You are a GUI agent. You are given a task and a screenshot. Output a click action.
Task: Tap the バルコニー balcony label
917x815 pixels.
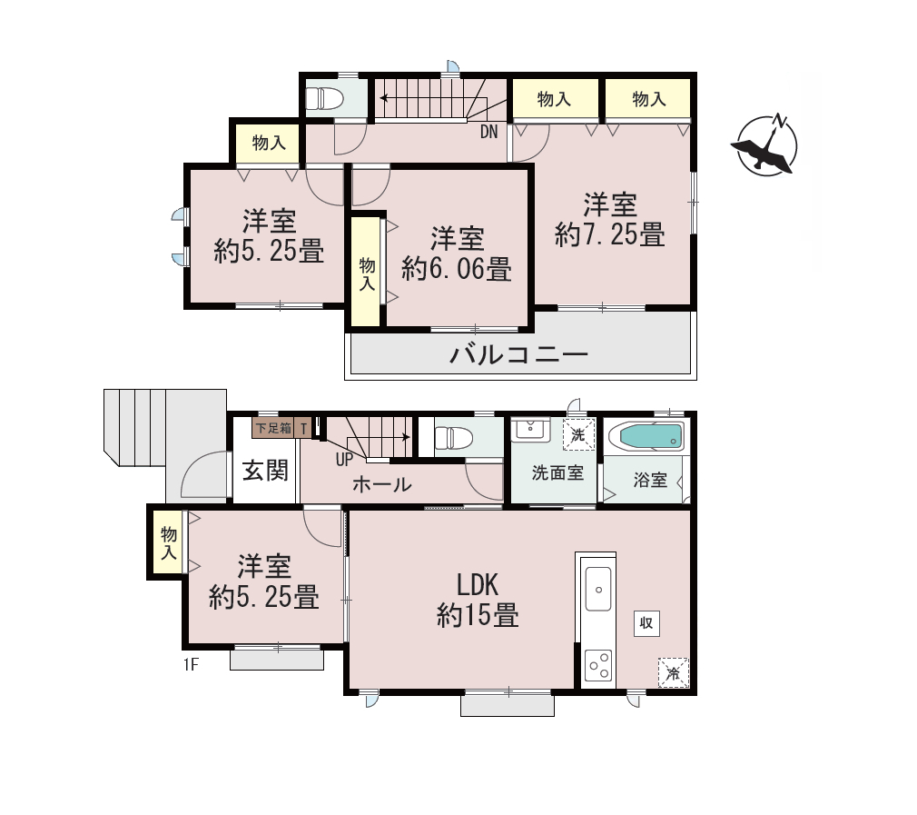(518, 354)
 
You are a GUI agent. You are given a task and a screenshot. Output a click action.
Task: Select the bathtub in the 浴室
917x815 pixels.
(646, 436)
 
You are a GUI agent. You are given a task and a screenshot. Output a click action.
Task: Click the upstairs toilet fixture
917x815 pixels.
(324, 98)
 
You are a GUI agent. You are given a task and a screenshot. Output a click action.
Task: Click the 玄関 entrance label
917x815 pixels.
(265, 470)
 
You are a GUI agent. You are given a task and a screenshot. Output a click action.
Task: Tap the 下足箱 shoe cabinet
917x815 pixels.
(273, 428)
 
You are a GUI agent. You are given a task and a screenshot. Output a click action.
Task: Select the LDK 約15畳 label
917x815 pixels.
(478, 601)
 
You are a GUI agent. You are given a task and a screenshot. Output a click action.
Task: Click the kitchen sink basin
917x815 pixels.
(597, 589)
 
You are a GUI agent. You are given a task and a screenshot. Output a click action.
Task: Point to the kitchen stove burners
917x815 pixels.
(598, 665)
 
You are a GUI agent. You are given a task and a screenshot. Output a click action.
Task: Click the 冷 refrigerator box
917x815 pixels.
(673, 673)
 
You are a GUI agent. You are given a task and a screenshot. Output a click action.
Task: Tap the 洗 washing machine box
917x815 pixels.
(578, 434)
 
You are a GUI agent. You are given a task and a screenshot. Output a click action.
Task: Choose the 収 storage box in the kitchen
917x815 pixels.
(646, 623)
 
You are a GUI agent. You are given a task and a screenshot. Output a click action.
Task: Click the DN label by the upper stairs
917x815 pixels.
(488, 132)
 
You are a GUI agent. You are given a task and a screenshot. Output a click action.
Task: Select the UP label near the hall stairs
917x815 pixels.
(344, 460)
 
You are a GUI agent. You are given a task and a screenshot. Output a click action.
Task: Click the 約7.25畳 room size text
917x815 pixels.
(610, 234)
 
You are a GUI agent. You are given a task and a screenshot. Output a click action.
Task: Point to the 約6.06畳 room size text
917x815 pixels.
(457, 269)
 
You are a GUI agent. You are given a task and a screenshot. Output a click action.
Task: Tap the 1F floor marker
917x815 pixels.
(192, 665)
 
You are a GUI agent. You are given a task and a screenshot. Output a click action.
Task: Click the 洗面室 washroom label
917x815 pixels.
(558, 472)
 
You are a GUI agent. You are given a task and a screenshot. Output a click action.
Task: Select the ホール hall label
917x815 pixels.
(382, 484)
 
